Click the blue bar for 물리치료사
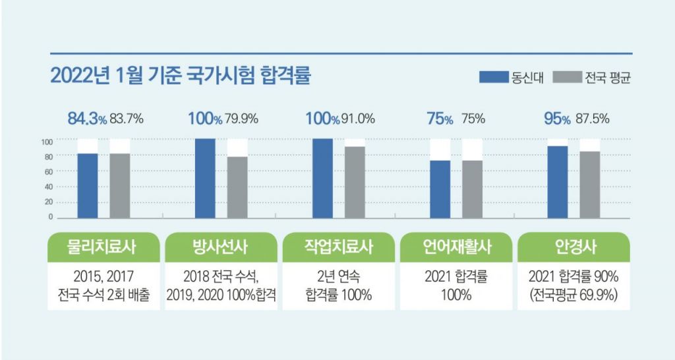click(88, 185)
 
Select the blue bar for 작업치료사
click(322, 178)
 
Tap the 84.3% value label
click(87, 119)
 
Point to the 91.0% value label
click(359, 119)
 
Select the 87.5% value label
click(593, 119)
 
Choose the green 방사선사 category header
click(221, 247)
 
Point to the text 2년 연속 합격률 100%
click(339, 285)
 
